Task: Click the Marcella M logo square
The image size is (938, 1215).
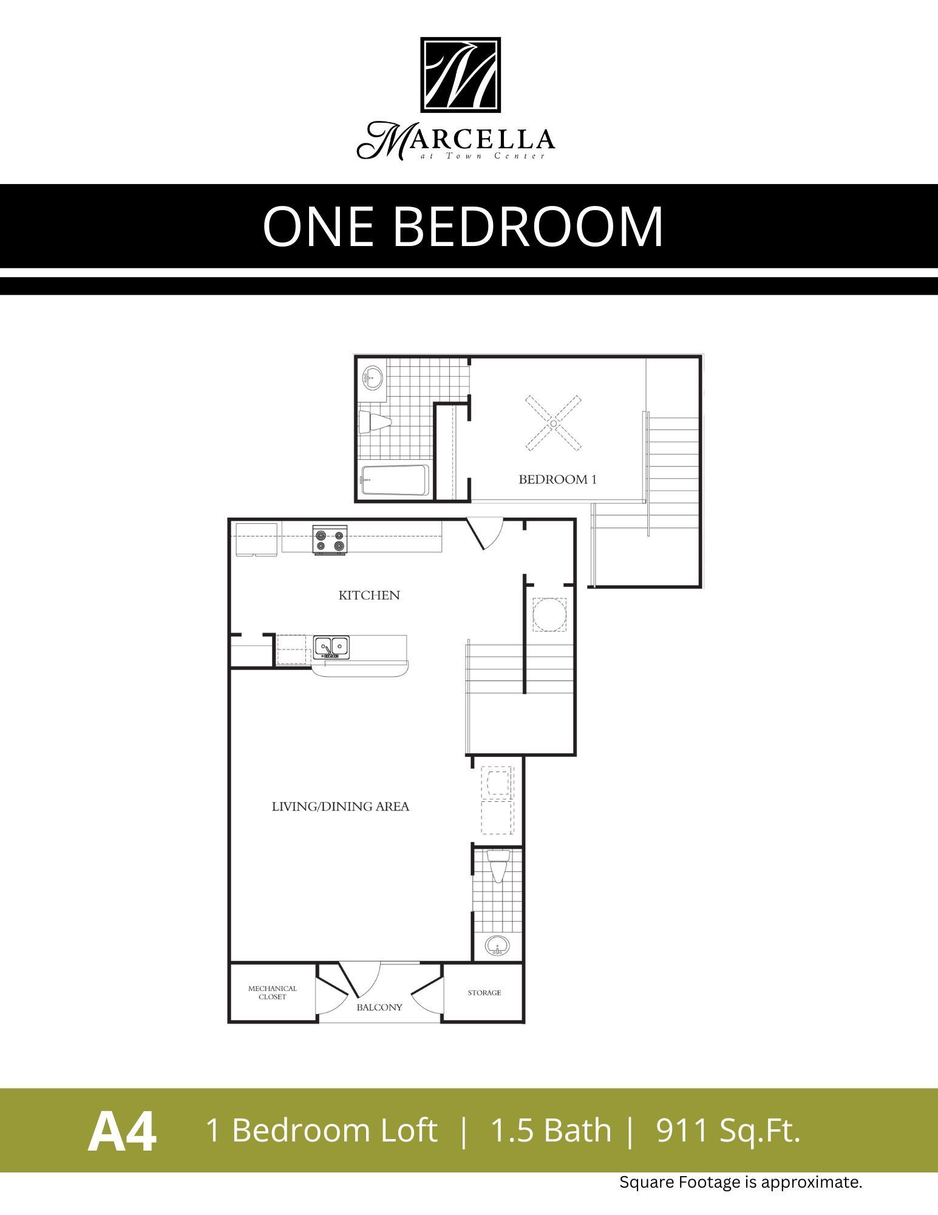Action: click(x=461, y=75)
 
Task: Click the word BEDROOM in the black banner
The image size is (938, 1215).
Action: click(x=528, y=227)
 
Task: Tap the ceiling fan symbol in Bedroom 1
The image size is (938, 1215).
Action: click(x=553, y=423)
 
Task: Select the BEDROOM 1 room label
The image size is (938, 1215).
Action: click(x=557, y=479)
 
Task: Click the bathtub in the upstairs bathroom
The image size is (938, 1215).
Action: click(x=395, y=481)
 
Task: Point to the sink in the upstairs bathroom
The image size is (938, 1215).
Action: click(x=372, y=378)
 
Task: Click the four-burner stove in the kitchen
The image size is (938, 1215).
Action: click(x=330, y=540)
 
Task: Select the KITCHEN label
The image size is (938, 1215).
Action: click(x=369, y=595)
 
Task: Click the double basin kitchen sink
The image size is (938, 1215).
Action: click(x=331, y=647)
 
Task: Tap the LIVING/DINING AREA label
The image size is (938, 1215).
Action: click(x=340, y=807)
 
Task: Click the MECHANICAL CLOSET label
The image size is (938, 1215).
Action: click(x=272, y=993)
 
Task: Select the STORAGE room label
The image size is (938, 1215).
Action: click(x=484, y=993)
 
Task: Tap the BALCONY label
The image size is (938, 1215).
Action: click(x=379, y=1007)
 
